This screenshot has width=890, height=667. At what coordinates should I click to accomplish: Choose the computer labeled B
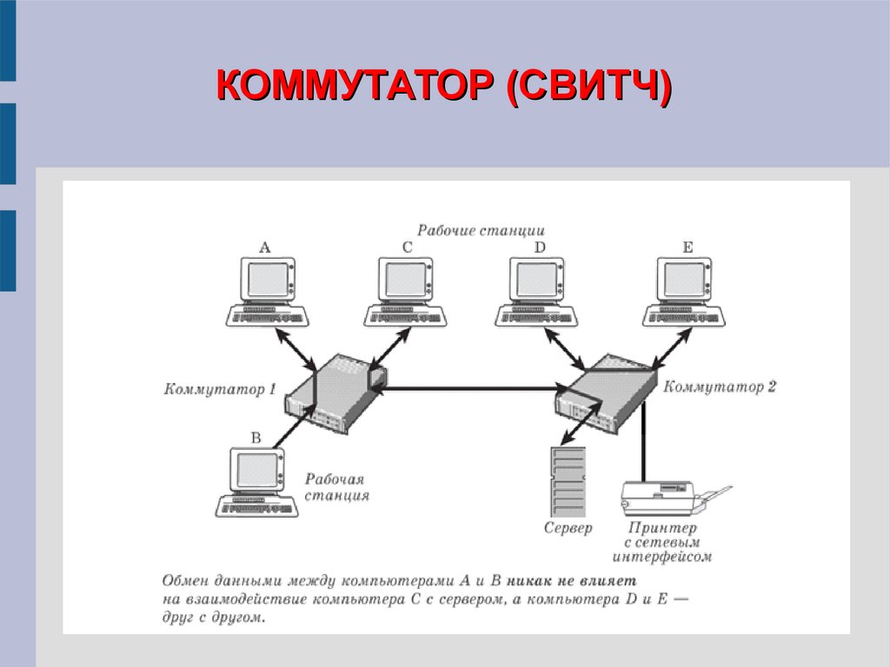(257, 483)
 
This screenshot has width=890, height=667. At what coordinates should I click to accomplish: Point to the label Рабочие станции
(481, 231)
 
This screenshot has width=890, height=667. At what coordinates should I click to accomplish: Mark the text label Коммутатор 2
(720, 387)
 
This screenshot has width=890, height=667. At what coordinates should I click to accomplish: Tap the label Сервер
(568, 528)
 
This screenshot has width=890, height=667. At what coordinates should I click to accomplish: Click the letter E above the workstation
(687, 248)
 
